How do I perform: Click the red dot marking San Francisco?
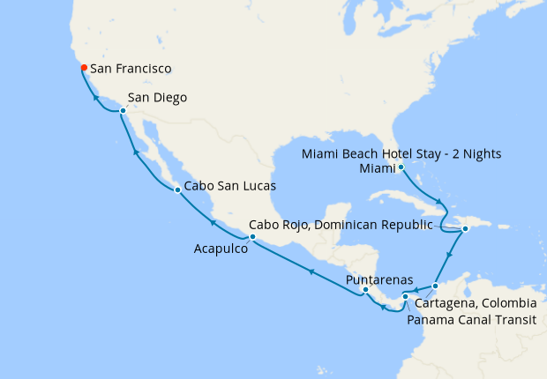(x=82, y=67)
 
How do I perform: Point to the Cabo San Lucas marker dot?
(x=177, y=189)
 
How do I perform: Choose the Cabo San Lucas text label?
(x=230, y=187)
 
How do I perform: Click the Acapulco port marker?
(x=252, y=237)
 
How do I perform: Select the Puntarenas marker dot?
(x=365, y=289)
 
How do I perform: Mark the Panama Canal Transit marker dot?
(x=405, y=296)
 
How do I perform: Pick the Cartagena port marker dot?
(x=435, y=286)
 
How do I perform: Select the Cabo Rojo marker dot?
(x=465, y=229)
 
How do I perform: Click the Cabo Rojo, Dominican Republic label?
(x=341, y=224)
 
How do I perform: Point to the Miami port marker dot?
(x=401, y=167)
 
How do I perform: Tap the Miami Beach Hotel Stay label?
(x=401, y=153)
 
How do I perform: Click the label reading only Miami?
(x=376, y=167)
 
